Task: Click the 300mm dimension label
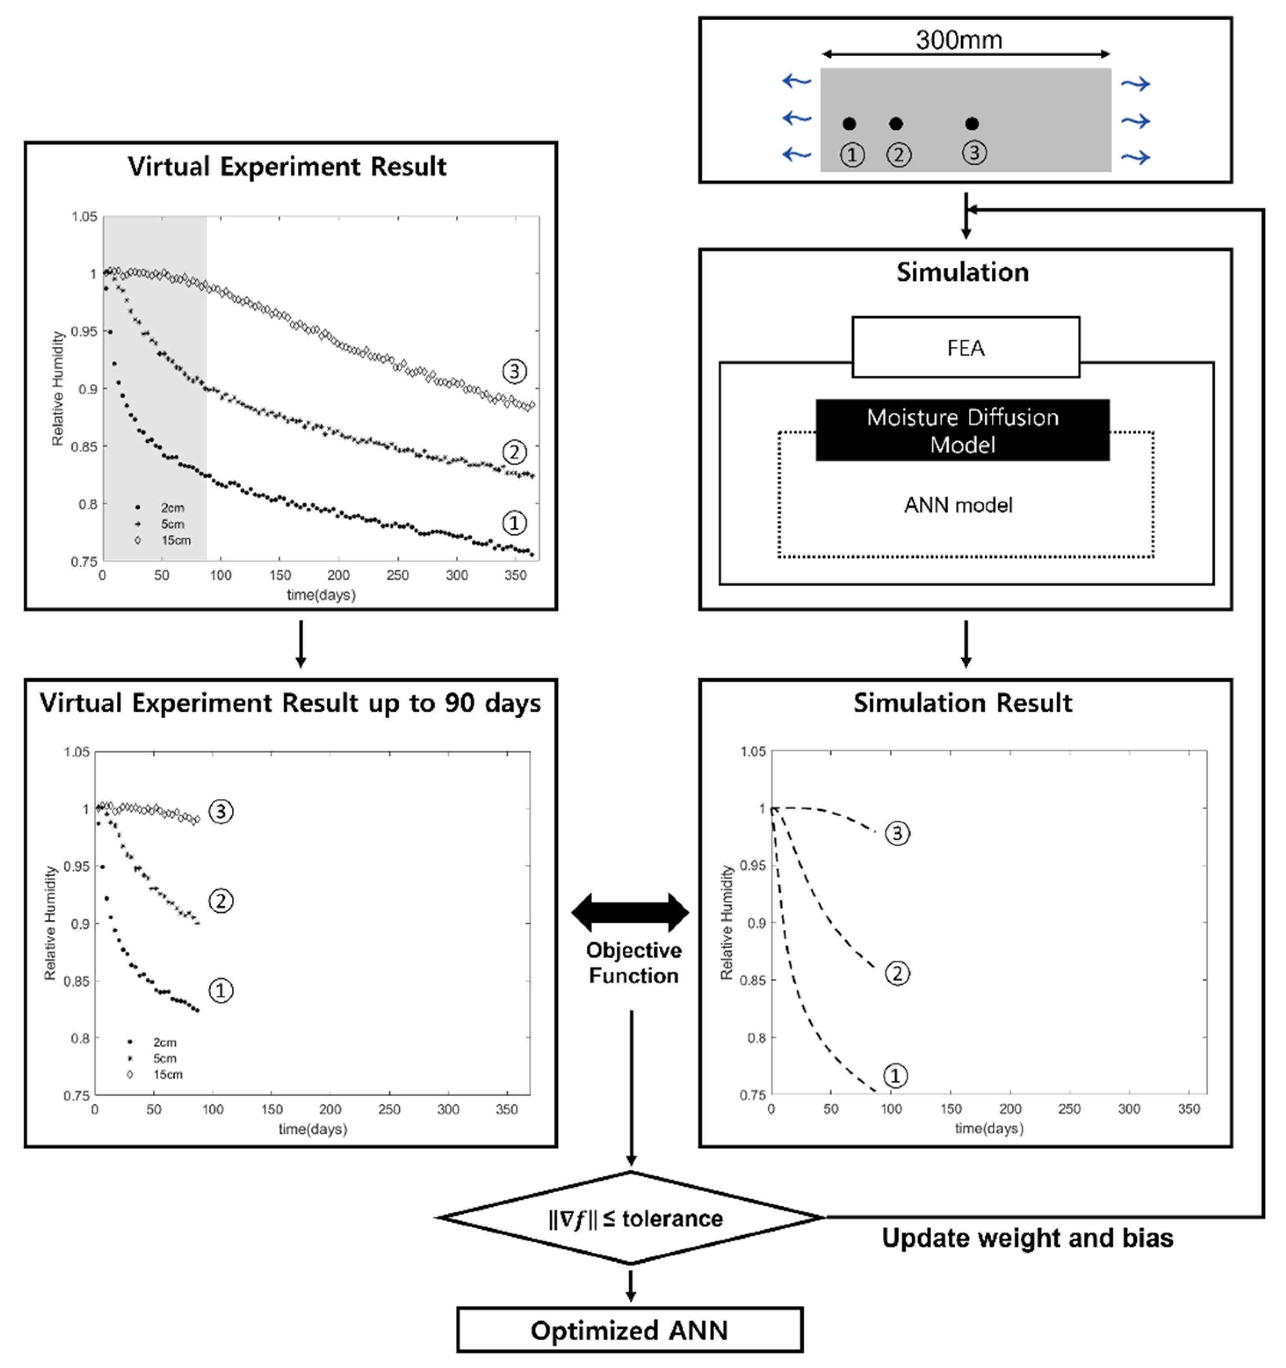click(x=959, y=40)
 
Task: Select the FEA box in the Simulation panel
click(x=965, y=348)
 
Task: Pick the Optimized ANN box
click(x=629, y=1330)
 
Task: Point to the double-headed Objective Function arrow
click(x=630, y=913)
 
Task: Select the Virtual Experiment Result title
click(x=287, y=167)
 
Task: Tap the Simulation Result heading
click(x=962, y=702)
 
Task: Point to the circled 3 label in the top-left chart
click(x=514, y=371)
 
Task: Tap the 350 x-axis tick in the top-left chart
click(x=516, y=575)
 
